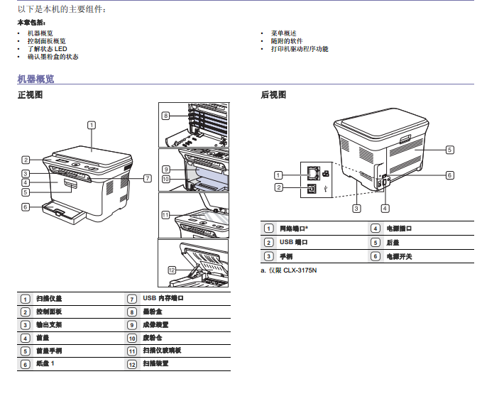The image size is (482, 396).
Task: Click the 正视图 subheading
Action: click(30, 94)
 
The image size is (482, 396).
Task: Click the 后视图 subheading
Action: click(273, 94)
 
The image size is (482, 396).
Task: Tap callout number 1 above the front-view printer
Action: click(92, 126)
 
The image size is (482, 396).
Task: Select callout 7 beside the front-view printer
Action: click(147, 178)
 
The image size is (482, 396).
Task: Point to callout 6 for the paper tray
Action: click(25, 207)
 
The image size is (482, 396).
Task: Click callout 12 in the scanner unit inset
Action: click(172, 270)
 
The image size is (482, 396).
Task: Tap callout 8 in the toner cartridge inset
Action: click(165, 116)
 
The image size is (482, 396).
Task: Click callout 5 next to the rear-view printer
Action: click(449, 150)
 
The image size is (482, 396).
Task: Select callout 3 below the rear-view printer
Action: click(356, 208)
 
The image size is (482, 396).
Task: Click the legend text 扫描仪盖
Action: click(49, 299)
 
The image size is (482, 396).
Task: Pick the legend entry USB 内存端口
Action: click(163, 299)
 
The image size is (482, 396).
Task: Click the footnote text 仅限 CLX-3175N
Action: click(292, 270)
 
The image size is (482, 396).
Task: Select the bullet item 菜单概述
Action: click(283, 33)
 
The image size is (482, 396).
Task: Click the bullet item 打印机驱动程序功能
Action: click(300, 49)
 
